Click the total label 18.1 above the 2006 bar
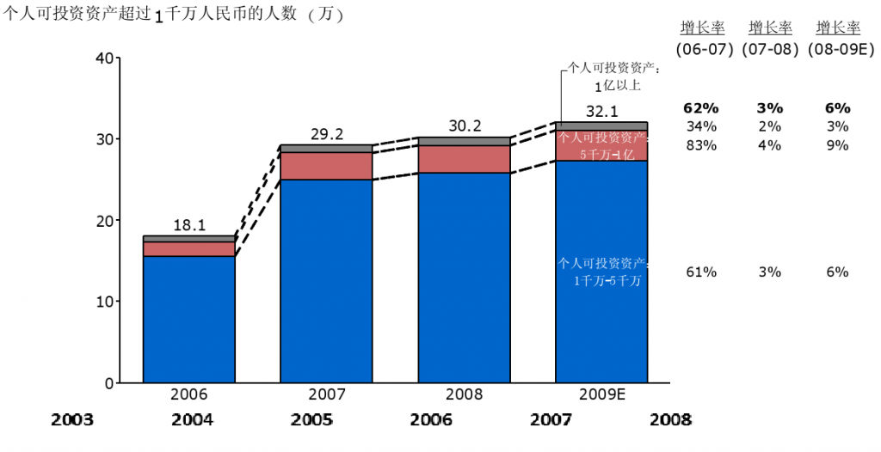pos(188,225)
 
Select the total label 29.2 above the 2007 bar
pos(326,134)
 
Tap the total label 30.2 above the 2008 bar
pos(465,126)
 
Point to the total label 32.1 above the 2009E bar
pos(602,112)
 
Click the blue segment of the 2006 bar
pos(188,319)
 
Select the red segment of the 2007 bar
pos(326,166)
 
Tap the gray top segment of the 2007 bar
pos(326,149)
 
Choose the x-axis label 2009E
pos(601,395)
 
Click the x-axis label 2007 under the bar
pos(326,395)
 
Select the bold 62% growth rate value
pos(700,108)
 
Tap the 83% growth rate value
pos(701,145)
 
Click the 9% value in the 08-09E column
pos(837,145)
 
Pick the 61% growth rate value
pos(701,272)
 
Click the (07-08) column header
pos(770,49)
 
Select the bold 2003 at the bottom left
pos(72,420)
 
